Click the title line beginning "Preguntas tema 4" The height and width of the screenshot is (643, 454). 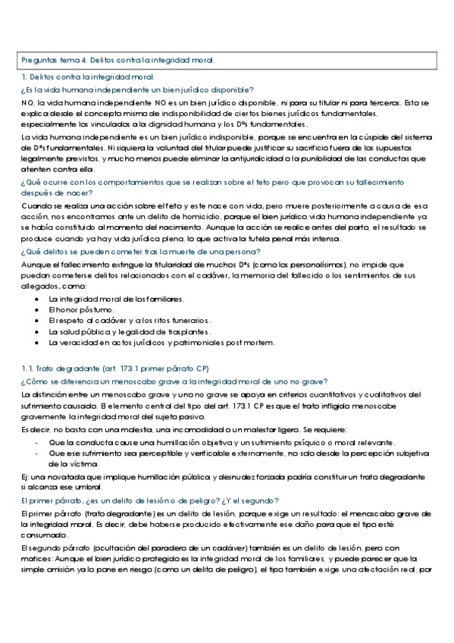click(117, 60)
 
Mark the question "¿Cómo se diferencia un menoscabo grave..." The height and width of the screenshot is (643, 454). click(180, 381)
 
